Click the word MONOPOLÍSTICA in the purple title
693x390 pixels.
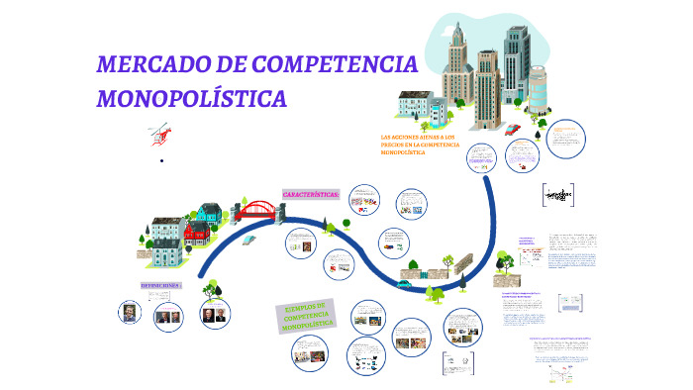pos(192,99)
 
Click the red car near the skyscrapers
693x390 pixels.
pos(512,129)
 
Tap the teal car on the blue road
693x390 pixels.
pos(404,283)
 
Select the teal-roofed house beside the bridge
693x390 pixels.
pos(208,213)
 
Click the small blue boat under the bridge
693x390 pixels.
pos(248,238)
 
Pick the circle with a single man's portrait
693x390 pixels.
pos(129,313)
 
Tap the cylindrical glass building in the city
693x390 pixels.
pos(536,88)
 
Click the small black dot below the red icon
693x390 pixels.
pos(160,159)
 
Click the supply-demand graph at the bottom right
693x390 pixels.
pos(564,372)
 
